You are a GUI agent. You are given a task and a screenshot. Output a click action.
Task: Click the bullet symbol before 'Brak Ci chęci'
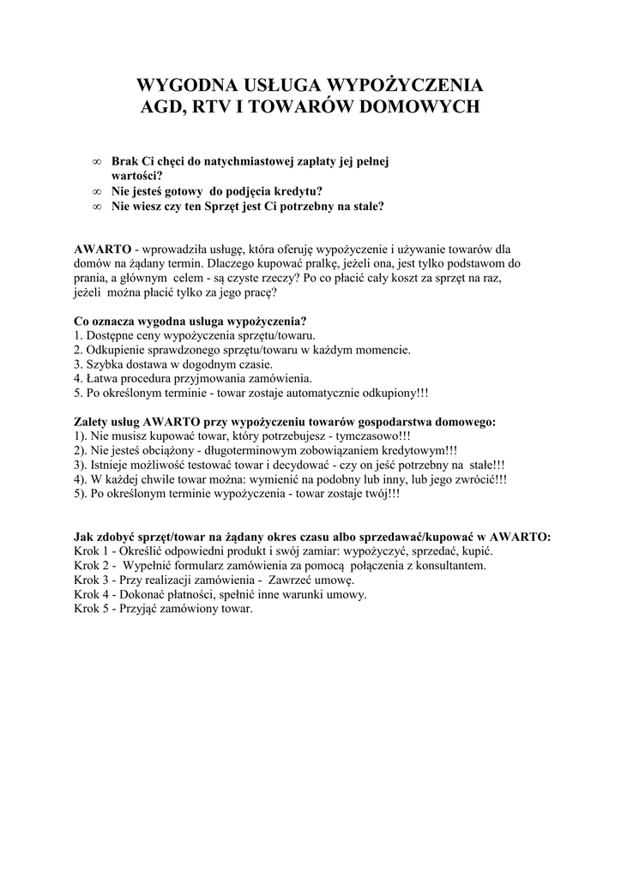[96, 161]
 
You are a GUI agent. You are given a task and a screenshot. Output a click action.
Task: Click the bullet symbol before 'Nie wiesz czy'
[96, 207]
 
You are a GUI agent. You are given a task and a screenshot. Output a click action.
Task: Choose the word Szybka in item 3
[104, 364]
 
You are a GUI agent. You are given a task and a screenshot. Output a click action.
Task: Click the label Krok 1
[91, 551]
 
